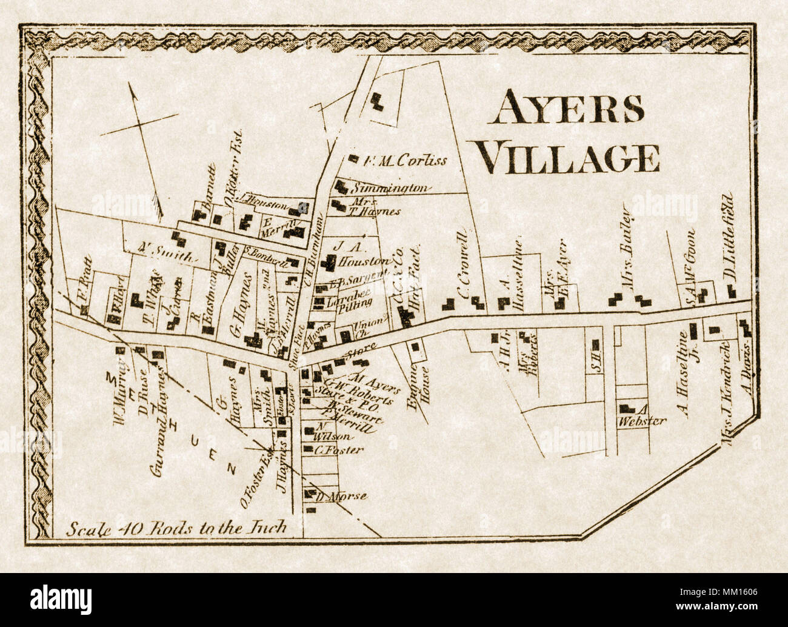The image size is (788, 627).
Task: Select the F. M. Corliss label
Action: [x=405, y=161]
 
